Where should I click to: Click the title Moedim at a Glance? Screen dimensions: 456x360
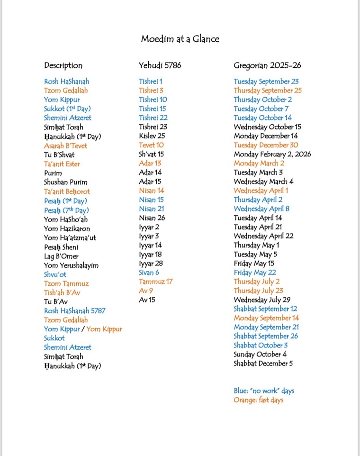[180, 39]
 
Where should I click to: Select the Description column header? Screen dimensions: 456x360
[63, 65]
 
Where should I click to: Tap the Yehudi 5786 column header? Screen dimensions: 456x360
[160, 65]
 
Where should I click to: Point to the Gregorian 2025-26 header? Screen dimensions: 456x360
[267, 65]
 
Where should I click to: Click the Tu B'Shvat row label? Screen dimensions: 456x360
[59, 155]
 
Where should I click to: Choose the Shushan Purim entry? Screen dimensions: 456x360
[66, 182]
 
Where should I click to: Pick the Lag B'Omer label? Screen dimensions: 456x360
[61, 256]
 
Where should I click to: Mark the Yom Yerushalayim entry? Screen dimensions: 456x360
[71, 265]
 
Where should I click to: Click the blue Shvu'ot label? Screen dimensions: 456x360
[55, 274]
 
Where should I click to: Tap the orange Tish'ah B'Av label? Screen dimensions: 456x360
[62, 292]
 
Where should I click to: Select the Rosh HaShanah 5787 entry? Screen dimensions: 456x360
[74, 311]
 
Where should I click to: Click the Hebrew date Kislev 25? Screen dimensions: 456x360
[152, 136]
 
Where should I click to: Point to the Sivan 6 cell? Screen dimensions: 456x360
[149, 273]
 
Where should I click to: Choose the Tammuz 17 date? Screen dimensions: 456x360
[155, 282]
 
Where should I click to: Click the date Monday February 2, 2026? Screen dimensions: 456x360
[272, 155]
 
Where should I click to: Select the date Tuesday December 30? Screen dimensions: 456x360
[266, 145]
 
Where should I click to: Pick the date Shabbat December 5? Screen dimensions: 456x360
[263, 364]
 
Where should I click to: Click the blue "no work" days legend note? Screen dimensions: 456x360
[263, 391]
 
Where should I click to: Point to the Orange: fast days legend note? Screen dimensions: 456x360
[258, 400]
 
